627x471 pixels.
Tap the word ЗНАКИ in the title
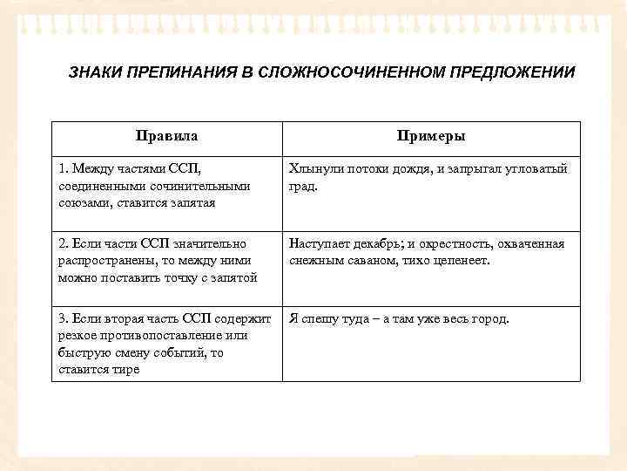pyautogui.click(x=93, y=72)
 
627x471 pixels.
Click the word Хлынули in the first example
pyautogui.click(x=314, y=168)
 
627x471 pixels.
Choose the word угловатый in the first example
pyautogui.click(x=535, y=168)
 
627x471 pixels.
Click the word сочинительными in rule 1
pyautogui.click(x=195, y=185)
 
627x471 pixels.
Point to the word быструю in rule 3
pyautogui.click(x=84, y=352)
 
